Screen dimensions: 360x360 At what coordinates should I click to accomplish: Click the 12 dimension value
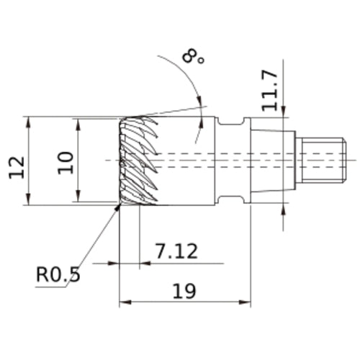[x=17, y=167]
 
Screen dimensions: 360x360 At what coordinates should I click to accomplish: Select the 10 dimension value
[x=66, y=163]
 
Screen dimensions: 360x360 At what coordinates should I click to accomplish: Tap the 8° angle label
[x=193, y=57]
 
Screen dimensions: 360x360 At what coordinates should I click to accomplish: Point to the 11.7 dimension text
[x=270, y=91]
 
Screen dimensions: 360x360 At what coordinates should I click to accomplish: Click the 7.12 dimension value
[x=177, y=251]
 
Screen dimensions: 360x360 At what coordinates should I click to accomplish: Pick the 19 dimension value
[x=184, y=291]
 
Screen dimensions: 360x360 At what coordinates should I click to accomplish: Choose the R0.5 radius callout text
[x=58, y=274]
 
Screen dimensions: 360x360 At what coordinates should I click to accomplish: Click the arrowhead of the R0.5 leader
[x=117, y=207]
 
